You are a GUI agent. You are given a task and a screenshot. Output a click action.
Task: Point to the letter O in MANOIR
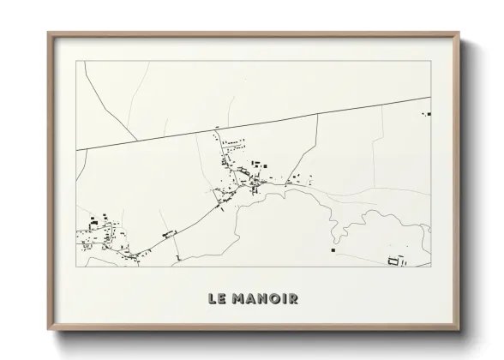271,299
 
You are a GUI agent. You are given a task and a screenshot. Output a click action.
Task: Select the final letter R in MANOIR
292,299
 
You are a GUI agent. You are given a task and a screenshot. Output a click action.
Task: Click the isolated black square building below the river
333,251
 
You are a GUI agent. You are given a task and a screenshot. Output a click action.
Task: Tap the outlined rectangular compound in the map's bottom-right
395,260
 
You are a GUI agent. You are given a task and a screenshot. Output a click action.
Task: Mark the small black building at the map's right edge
428,113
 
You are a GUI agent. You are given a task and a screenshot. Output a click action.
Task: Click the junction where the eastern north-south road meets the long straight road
318,114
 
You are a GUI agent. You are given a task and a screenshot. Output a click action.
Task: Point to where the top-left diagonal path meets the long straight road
139,140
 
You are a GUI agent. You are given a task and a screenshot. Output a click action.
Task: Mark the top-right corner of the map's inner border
430,62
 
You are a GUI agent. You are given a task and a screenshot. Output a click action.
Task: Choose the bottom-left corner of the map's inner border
76,266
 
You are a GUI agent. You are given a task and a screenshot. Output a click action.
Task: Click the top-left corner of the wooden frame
48,33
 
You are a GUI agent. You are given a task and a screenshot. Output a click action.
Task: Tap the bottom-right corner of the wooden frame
459,329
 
